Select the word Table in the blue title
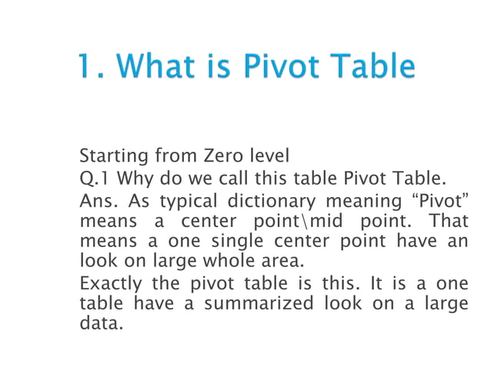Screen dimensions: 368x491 pyautogui.click(x=372, y=67)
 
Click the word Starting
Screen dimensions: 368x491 pyautogui.click(x=110, y=156)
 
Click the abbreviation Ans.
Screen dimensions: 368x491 pyautogui.click(x=98, y=202)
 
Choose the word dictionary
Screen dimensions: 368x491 pyautogui.click(x=271, y=202)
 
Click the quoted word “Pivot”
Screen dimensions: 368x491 pyautogui.click(x=439, y=202)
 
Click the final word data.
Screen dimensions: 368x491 pyautogui.click(x=100, y=323)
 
